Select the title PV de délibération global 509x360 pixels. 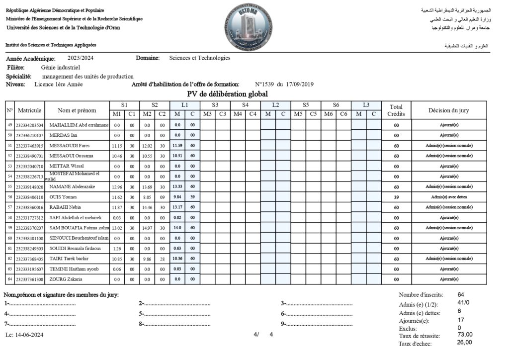point(227,94)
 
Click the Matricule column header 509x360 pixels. point(29,110)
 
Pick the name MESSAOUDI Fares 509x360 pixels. point(70,146)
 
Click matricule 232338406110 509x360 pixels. point(30,197)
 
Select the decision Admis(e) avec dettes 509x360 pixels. point(449,197)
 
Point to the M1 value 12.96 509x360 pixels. point(117,187)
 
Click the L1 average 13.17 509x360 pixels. point(177,207)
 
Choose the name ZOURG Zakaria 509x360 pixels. point(66,279)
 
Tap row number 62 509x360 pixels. point(9,259)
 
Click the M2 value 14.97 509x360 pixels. point(147,228)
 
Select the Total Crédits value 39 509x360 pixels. point(396,197)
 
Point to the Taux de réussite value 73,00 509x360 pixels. point(465,334)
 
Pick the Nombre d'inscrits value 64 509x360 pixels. point(461,295)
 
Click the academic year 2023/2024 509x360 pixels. point(81,58)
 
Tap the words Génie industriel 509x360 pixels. point(60,67)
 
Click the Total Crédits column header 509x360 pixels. point(396,110)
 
